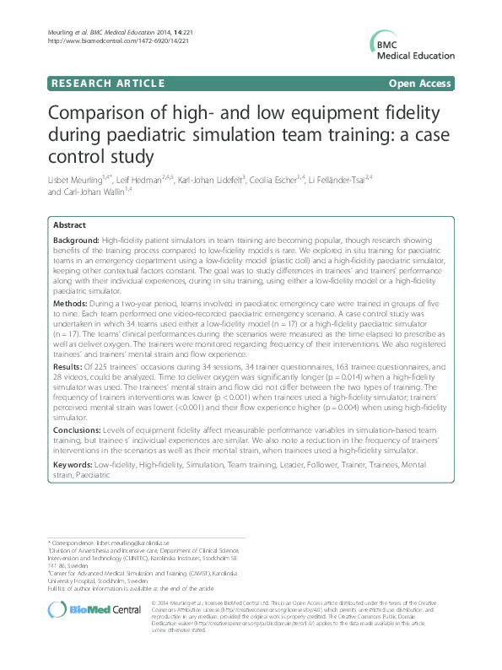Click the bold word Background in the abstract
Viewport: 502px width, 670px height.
pos(76,240)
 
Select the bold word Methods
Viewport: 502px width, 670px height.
pos(71,303)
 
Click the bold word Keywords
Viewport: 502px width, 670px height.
pos(73,464)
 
